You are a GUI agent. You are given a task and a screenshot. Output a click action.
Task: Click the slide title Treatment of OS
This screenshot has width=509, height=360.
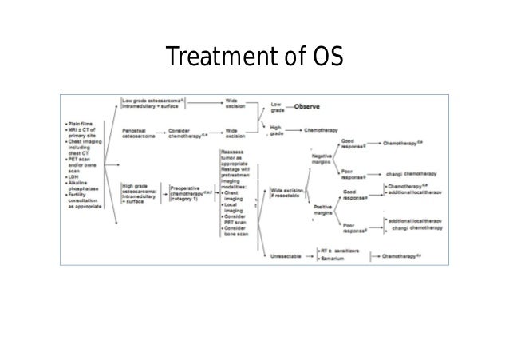254,57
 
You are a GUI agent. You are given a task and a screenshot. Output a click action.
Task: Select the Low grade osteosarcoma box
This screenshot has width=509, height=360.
153,103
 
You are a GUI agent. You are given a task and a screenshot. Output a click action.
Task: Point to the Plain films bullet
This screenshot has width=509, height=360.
84,124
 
